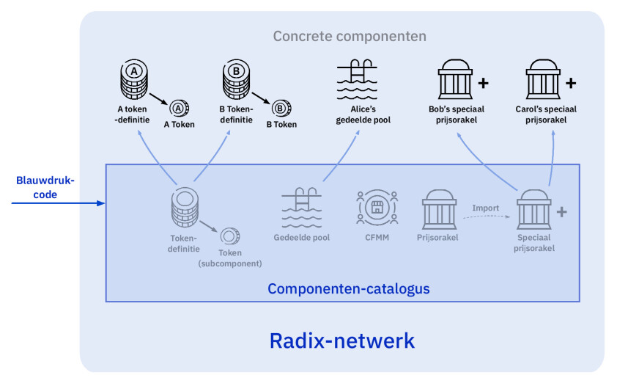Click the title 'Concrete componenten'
pos(350,36)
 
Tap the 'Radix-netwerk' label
pos(342,341)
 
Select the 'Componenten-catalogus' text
pos(349,288)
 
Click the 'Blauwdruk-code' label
pos(45,187)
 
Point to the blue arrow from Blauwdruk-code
pos(58,203)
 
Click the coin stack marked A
pos(134,79)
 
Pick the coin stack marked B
pos(236,79)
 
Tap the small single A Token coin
pos(179,108)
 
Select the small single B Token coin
pos(281,108)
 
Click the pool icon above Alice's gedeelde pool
pos(357,79)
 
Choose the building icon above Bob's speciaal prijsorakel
pos(455,79)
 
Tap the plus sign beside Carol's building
pos(571,83)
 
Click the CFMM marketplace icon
pos(377,207)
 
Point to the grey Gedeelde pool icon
pos(302,208)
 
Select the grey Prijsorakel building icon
pos(439,209)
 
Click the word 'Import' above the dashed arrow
pos(485,208)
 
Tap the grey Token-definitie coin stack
pos(185,207)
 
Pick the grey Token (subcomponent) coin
pos(230,236)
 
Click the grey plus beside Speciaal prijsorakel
pos(562,212)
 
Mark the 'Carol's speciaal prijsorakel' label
pos(546,114)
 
